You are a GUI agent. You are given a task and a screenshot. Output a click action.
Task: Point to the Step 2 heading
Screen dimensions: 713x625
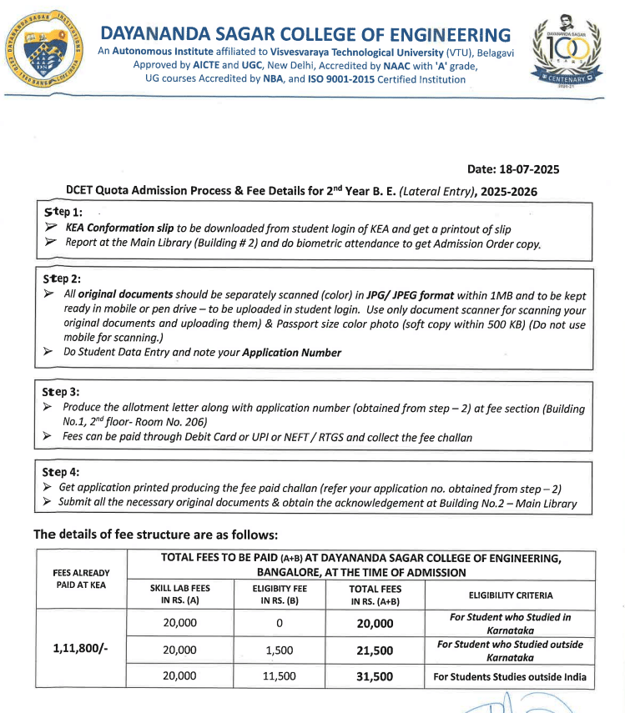[63, 278]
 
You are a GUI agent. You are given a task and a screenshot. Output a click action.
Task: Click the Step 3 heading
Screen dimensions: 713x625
[63, 391]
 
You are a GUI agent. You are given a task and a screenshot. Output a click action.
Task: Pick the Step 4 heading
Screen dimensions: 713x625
[63, 471]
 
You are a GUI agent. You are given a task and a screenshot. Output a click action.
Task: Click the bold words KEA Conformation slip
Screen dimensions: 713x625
[120, 228]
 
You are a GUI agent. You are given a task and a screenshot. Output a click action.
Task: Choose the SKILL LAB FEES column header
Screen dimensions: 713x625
[179, 595]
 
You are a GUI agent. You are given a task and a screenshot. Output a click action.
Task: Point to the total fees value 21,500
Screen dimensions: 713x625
[375, 650]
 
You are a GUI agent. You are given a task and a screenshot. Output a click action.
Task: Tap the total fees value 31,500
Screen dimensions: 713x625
[375, 676]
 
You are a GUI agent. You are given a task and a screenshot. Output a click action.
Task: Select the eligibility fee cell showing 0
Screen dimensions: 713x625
[280, 623]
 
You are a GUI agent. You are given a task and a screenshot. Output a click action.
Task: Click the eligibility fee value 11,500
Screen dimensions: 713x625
[280, 676]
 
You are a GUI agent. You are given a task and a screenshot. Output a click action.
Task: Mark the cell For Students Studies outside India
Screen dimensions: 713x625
[510, 676]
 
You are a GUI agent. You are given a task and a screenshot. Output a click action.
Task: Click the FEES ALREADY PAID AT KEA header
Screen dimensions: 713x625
[79, 579]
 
